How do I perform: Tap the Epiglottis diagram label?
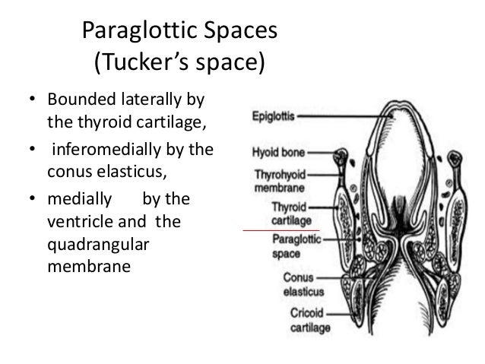pyautogui.click(x=274, y=117)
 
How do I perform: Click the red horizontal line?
pyautogui.click(x=281, y=229)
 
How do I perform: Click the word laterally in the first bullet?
pyautogui.click(x=154, y=100)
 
